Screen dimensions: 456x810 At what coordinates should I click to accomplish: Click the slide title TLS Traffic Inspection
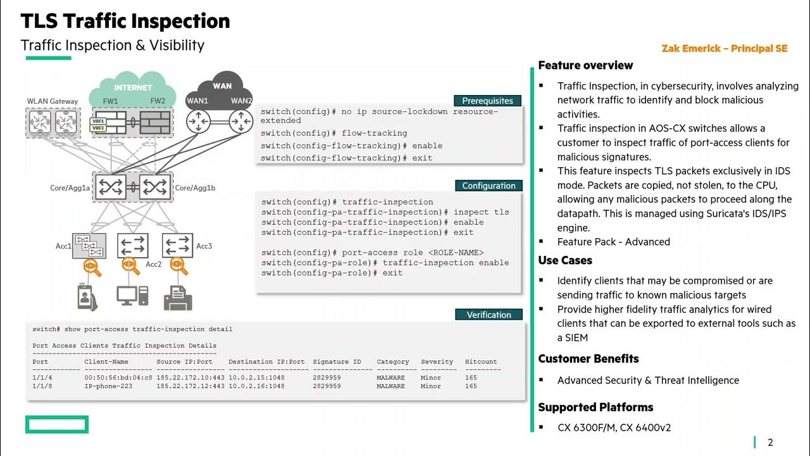[x=125, y=22]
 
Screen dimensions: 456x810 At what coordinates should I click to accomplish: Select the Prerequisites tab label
[x=487, y=101]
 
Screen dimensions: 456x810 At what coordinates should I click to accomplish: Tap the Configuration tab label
[x=489, y=186]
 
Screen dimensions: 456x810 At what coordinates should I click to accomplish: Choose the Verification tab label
[x=489, y=315]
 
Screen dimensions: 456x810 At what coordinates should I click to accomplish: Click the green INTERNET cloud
[x=133, y=88]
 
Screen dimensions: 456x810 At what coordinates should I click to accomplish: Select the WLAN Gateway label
[x=53, y=101]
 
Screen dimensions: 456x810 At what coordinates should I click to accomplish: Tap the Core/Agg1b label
[x=196, y=188]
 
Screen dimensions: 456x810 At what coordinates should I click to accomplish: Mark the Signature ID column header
[x=337, y=362]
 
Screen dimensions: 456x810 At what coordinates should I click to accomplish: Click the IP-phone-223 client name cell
[x=108, y=386]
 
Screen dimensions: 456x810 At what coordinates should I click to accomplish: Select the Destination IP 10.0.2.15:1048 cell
[x=256, y=377]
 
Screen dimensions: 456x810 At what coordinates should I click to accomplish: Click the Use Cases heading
[x=565, y=260]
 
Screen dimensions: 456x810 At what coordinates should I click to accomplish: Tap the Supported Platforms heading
[x=595, y=407]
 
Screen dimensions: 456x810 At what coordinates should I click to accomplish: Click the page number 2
[x=770, y=443]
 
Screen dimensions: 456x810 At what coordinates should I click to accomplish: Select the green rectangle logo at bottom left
[x=57, y=424]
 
